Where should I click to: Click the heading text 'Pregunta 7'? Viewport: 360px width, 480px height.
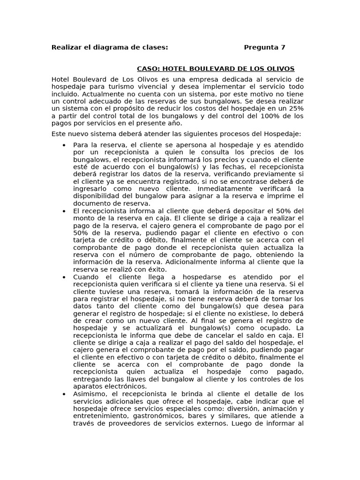coord(264,47)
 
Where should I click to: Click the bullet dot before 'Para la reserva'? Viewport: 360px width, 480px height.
coord(64,145)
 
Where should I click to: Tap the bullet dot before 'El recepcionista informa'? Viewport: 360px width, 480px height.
coord(64,211)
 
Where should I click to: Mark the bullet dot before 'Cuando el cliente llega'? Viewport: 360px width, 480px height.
coord(64,277)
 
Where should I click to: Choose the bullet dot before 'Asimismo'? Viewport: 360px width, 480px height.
coord(64,394)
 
